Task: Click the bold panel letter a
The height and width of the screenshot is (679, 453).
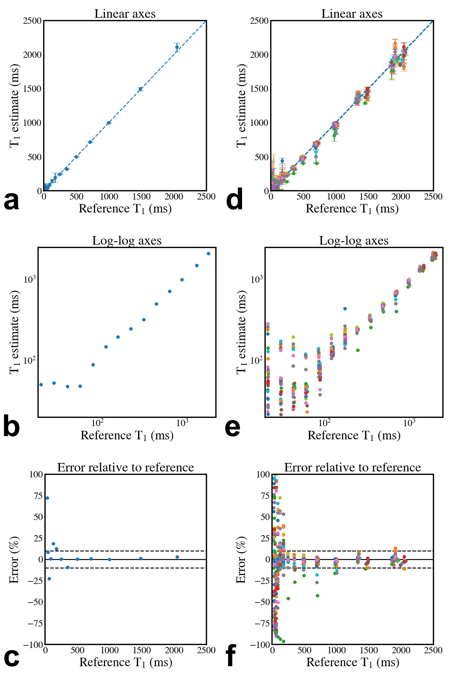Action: click(12, 201)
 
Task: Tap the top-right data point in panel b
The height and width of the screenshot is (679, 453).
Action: click(208, 253)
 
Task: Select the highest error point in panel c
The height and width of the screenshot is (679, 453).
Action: click(47, 498)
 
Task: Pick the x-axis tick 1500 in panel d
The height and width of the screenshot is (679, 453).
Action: click(368, 197)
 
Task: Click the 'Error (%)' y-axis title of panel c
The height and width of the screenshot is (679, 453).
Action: click(14, 560)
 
